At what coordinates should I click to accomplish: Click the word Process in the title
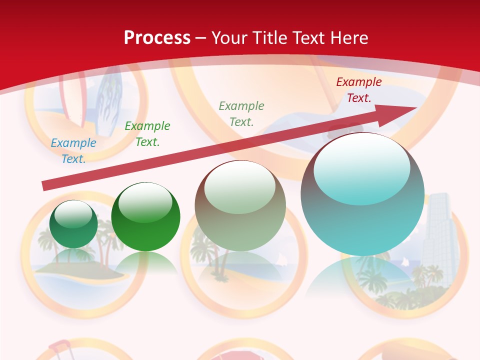pyautogui.click(x=157, y=38)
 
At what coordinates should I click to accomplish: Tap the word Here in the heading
pyautogui.click(x=348, y=38)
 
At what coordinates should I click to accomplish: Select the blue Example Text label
pyautogui.click(x=73, y=151)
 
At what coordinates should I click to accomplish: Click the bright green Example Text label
pyautogui.click(x=147, y=134)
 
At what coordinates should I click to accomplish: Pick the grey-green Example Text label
pyautogui.click(x=241, y=113)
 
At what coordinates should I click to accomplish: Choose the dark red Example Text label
pyautogui.click(x=358, y=90)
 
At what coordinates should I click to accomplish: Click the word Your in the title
pyautogui.click(x=230, y=38)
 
